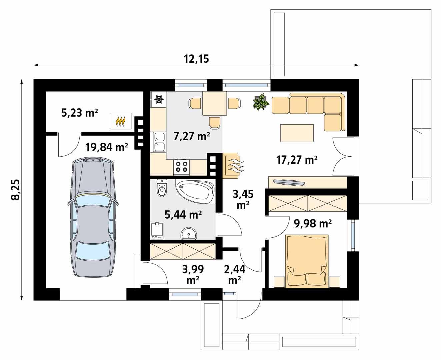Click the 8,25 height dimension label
coord(15,190)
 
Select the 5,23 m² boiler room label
coord(79,113)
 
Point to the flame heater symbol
coord(121,121)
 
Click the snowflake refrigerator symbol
coord(159,99)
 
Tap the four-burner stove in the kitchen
coord(182,166)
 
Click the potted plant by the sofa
coord(261,102)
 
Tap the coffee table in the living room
coord(297,133)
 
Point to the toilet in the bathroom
coord(162,189)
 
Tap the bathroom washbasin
coord(190,234)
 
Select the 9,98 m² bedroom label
coord(312,224)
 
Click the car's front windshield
coord(92,201)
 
